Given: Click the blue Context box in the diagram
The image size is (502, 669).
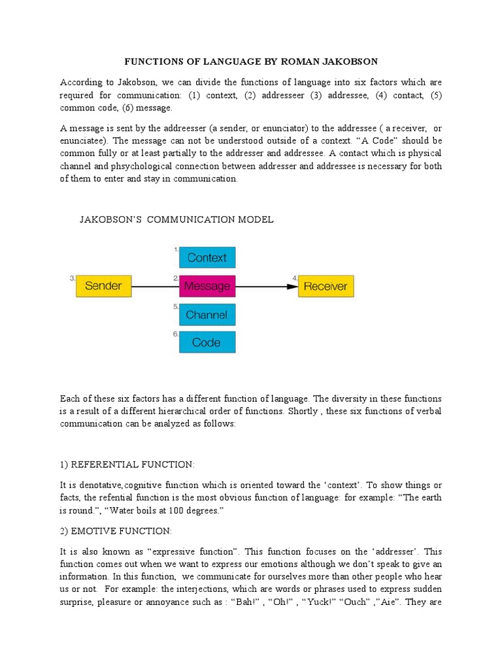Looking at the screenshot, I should click(207, 257).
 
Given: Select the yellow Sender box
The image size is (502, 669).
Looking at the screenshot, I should click(104, 286).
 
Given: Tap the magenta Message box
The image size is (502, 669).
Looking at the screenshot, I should click(207, 286).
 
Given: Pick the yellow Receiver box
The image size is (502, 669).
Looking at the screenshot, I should click(326, 286).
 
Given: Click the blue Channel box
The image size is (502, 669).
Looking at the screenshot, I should click(207, 315).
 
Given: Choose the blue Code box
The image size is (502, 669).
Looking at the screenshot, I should click(207, 342).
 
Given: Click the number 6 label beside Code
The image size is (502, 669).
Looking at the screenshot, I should click(175, 334).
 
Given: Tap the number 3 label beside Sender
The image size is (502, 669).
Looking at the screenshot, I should click(72, 278).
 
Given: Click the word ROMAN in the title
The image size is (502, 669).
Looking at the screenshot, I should click(299, 62).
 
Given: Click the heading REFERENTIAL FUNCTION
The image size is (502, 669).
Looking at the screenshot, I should click(127, 465).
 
